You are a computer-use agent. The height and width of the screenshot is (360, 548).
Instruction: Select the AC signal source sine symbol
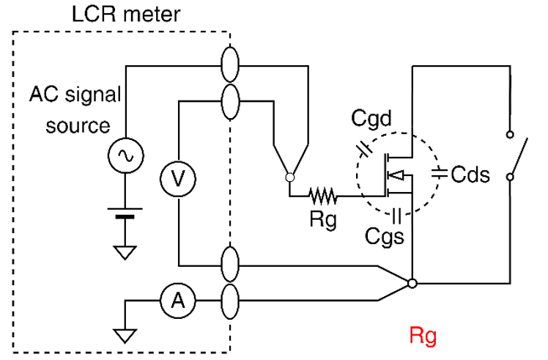(x=126, y=155)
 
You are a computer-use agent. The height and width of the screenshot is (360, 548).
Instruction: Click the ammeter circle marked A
(x=176, y=299)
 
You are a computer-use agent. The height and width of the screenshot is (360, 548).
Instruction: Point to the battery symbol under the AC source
(x=126, y=214)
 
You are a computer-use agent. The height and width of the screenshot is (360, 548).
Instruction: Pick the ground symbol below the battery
(x=126, y=252)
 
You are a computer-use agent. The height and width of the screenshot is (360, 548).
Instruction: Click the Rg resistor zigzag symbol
(x=322, y=195)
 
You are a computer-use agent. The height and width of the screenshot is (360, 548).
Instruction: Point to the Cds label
(x=470, y=175)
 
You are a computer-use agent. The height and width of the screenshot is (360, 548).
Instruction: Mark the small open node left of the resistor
(x=290, y=177)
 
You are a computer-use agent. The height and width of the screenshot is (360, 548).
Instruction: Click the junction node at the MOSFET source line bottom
(x=412, y=283)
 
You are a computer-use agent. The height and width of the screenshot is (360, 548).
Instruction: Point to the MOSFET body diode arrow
(x=396, y=175)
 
